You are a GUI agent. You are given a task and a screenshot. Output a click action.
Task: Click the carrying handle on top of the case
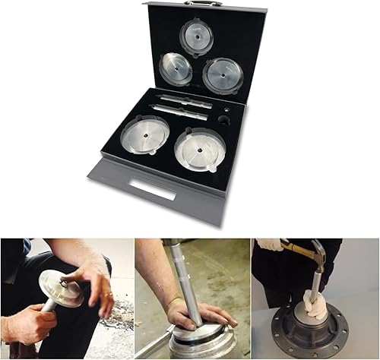(x=202, y=3)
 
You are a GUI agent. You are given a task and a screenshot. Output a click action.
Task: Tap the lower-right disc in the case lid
(x=223, y=75)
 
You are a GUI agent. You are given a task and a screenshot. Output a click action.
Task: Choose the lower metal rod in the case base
(x=181, y=112)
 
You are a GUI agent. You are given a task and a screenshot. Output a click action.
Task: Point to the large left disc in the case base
(x=144, y=134)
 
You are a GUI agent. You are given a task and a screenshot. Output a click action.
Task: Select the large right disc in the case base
(x=200, y=149)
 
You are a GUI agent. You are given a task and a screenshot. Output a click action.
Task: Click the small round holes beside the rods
(x=224, y=119)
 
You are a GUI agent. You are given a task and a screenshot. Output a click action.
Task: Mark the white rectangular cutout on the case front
(x=152, y=190)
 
